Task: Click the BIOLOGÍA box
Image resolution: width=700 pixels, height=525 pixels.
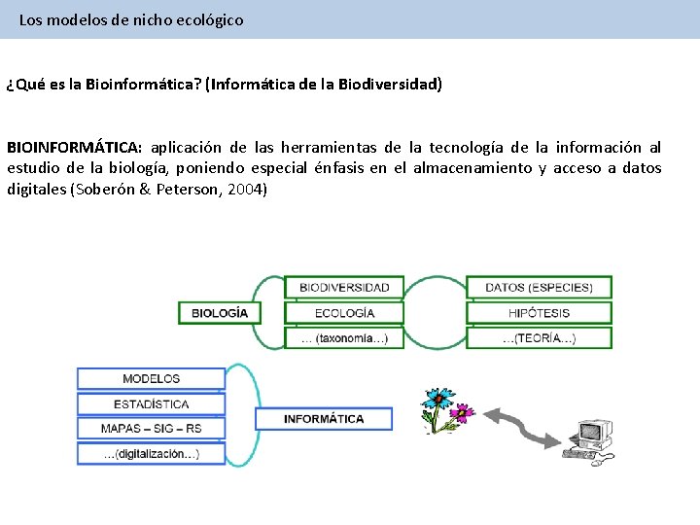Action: tap(220, 313)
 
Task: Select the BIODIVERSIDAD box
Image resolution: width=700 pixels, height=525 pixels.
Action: tap(344, 288)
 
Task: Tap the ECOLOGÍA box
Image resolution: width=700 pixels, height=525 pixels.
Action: tap(344, 313)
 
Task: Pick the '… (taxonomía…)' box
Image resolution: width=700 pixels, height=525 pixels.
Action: tap(344, 338)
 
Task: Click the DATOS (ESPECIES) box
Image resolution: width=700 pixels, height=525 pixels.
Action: tap(539, 288)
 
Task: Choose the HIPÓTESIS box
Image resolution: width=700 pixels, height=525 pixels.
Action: tap(539, 313)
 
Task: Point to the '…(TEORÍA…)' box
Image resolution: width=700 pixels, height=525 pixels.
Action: tap(539, 338)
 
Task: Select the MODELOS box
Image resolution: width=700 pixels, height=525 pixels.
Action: tap(151, 378)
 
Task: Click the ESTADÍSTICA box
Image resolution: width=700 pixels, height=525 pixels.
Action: tap(151, 403)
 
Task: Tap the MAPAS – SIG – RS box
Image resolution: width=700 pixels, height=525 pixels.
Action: tap(151, 428)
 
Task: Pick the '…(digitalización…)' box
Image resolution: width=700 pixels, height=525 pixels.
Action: tap(151, 453)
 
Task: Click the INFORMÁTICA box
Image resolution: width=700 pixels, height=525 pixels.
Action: tap(324, 419)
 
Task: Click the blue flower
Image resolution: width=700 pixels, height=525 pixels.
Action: tap(437, 400)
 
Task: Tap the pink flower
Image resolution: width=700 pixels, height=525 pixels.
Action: tap(461, 413)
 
